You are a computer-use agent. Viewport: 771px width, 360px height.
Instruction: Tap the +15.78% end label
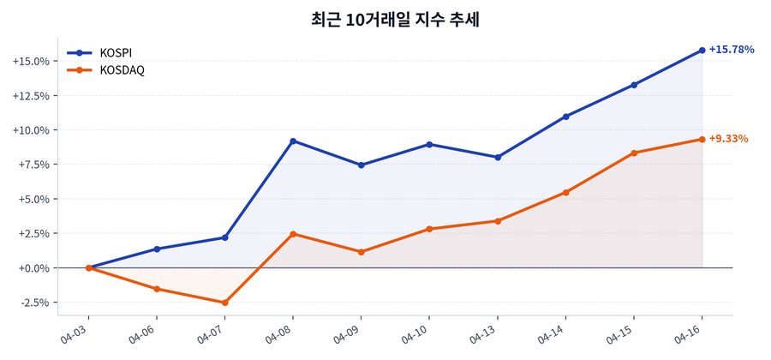[x=731, y=50]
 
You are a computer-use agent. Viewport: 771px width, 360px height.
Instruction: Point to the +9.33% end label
[x=728, y=139]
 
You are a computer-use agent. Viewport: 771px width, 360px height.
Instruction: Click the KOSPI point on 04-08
[x=293, y=141]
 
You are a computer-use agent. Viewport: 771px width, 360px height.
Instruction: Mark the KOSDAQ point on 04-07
[x=224, y=303]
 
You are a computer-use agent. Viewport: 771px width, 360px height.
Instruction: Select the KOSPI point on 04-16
[x=702, y=51]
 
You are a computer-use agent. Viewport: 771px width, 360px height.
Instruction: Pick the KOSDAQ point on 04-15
[x=634, y=153]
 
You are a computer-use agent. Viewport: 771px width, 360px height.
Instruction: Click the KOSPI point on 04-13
[x=498, y=157]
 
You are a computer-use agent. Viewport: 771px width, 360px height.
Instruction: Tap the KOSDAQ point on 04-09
[x=362, y=252]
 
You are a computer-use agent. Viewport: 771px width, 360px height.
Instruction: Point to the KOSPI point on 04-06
[x=157, y=249]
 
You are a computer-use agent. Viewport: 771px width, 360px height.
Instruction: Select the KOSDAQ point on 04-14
[x=566, y=192]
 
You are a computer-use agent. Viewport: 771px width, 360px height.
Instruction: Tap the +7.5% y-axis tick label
[x=32, y=165]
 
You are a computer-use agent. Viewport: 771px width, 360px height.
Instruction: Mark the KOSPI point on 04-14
[x=566, y=117]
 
